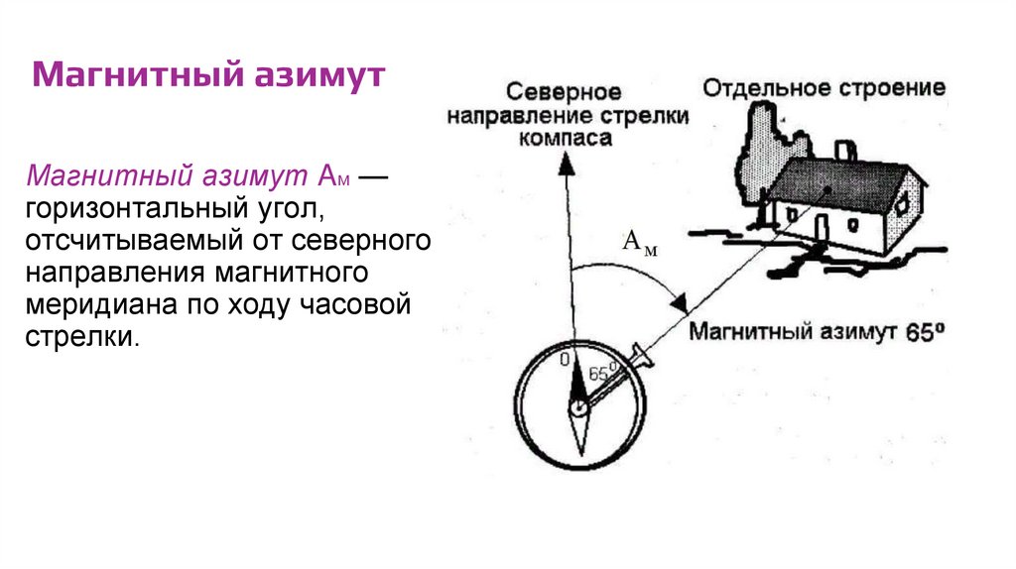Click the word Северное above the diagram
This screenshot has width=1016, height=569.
(x=564, y=92)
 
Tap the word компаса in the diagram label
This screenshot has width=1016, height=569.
(x=565, y=138)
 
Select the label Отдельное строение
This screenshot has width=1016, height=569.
(x=824, y=88)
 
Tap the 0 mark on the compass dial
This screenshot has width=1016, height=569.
(x=565, y=360)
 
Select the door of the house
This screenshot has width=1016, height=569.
(x=822, y=226)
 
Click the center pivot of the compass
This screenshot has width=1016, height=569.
(x=578, y=405)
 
